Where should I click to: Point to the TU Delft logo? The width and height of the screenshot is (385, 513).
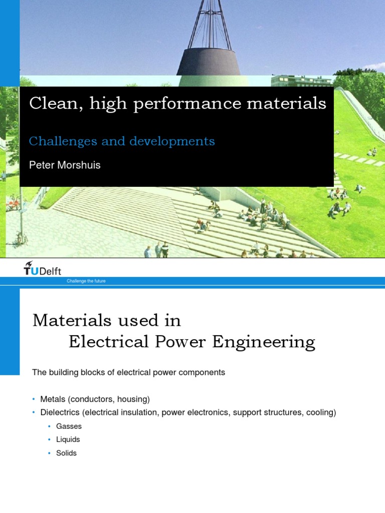(43, 270)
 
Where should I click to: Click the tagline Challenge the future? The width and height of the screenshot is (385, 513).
(86, 282)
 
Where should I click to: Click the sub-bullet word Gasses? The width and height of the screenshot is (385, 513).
(69, 426)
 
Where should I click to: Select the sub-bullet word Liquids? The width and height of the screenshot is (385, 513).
(68, 439)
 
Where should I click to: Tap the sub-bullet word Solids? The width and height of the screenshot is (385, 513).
(67, 453)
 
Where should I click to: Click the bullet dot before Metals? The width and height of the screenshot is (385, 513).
(34, 399)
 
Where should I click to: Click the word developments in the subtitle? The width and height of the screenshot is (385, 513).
(172, 142)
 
